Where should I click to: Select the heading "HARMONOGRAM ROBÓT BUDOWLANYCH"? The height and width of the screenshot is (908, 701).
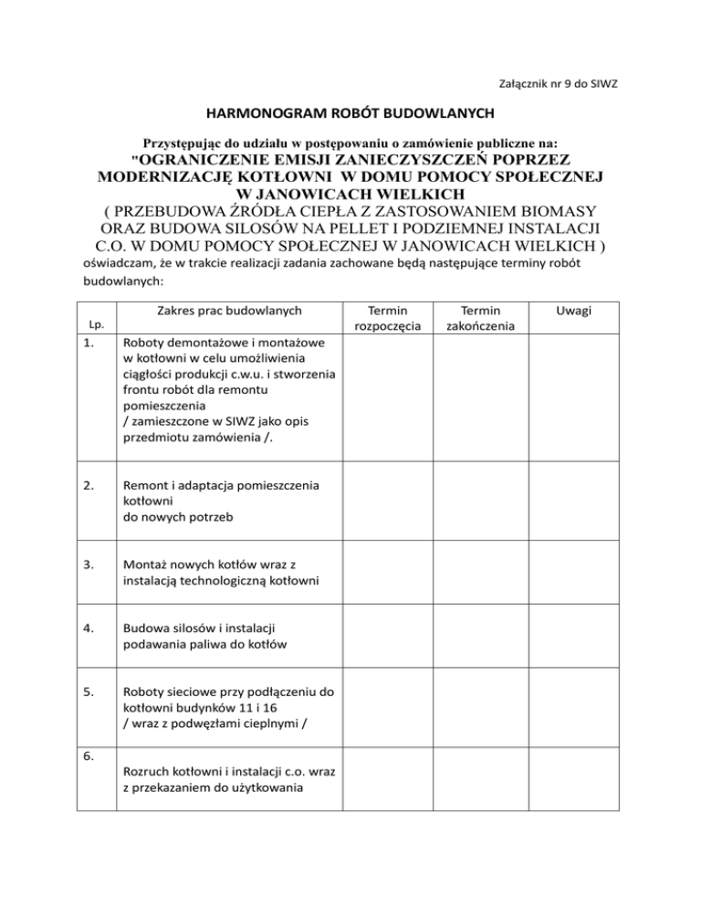click(350, 113)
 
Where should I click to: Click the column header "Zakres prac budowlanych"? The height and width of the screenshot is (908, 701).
click(229, 311)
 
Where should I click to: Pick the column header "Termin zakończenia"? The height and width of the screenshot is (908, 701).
click(480, 318)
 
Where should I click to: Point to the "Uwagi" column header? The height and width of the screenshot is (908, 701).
click(577, 311)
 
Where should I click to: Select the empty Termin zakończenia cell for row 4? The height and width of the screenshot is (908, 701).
click(480, 637)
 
